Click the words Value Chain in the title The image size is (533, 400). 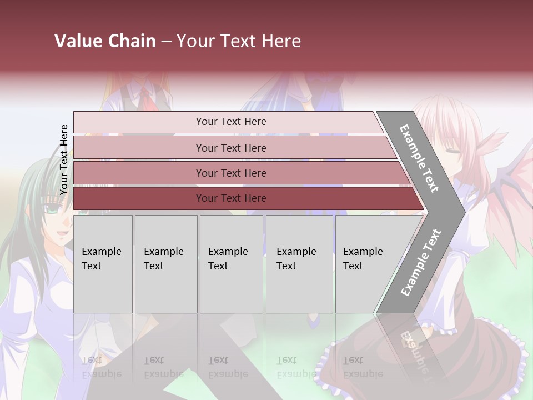click(x=105, y=41)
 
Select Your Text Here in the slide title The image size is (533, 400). click(x=239, y=41)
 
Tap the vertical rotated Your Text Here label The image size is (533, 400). click(x=64, y=159)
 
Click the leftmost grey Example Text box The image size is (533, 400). click(x=103, y=264)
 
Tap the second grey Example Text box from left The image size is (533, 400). click(x=166, y=264)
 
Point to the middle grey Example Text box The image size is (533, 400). click(x=231, y=264)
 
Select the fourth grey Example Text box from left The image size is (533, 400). click(x=299, y=264)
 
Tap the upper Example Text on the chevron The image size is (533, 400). click(x=419, y=158)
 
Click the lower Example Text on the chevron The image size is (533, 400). click(x=420, y=263)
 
